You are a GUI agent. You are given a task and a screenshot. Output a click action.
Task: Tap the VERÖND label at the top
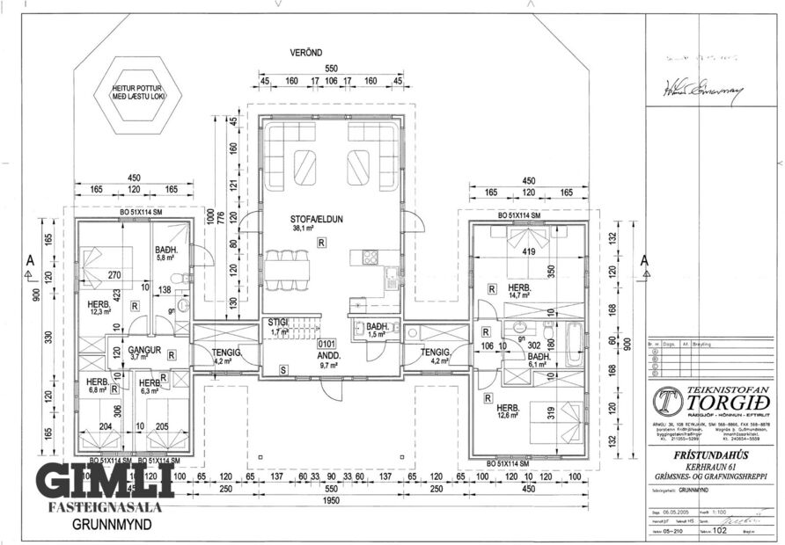point(308,52)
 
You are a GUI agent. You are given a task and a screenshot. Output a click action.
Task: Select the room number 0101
point(327,344)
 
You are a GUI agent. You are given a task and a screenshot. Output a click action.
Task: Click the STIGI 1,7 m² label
point(279,328)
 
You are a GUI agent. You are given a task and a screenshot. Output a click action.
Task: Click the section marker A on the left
point(30,261)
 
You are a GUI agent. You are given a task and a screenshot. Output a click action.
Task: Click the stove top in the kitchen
point(370,258)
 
